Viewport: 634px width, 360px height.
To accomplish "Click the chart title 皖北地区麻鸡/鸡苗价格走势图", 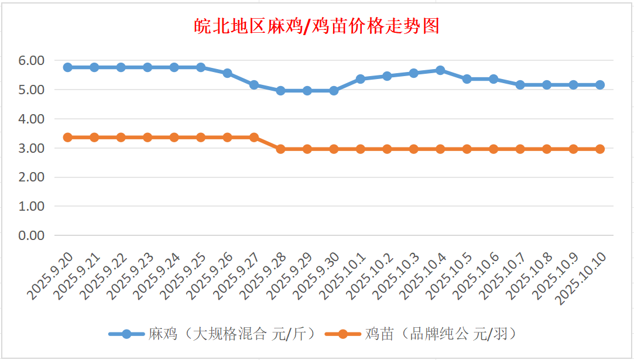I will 317,26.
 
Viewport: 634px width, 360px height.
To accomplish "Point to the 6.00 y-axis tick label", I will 32,60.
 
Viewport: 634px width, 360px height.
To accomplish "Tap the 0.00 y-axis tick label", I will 32,235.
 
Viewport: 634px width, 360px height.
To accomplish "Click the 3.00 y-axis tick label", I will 32,148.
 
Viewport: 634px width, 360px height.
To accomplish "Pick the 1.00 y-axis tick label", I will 32,206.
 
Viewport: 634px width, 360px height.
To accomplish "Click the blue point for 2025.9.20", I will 68,67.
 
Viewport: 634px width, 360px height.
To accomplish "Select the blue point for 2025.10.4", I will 440,70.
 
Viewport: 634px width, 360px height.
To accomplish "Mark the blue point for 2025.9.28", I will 280,91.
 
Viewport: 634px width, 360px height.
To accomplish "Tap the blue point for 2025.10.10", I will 600,85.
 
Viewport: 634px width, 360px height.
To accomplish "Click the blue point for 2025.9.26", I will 227,73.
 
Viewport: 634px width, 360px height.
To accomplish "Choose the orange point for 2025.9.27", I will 254,138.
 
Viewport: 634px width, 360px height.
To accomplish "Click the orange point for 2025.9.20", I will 68,138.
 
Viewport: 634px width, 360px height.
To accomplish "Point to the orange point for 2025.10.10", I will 600,149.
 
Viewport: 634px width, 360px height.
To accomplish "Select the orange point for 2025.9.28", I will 280,149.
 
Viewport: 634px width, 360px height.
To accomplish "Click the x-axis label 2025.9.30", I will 316,275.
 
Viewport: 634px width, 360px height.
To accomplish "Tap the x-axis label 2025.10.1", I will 343,275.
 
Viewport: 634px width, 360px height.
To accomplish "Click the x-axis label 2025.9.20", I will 50,275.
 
